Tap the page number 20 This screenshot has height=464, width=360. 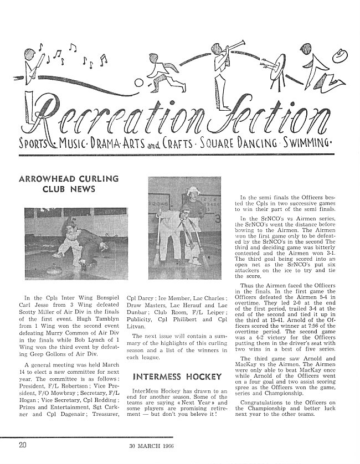23,444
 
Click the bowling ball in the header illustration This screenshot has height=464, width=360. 139,83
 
